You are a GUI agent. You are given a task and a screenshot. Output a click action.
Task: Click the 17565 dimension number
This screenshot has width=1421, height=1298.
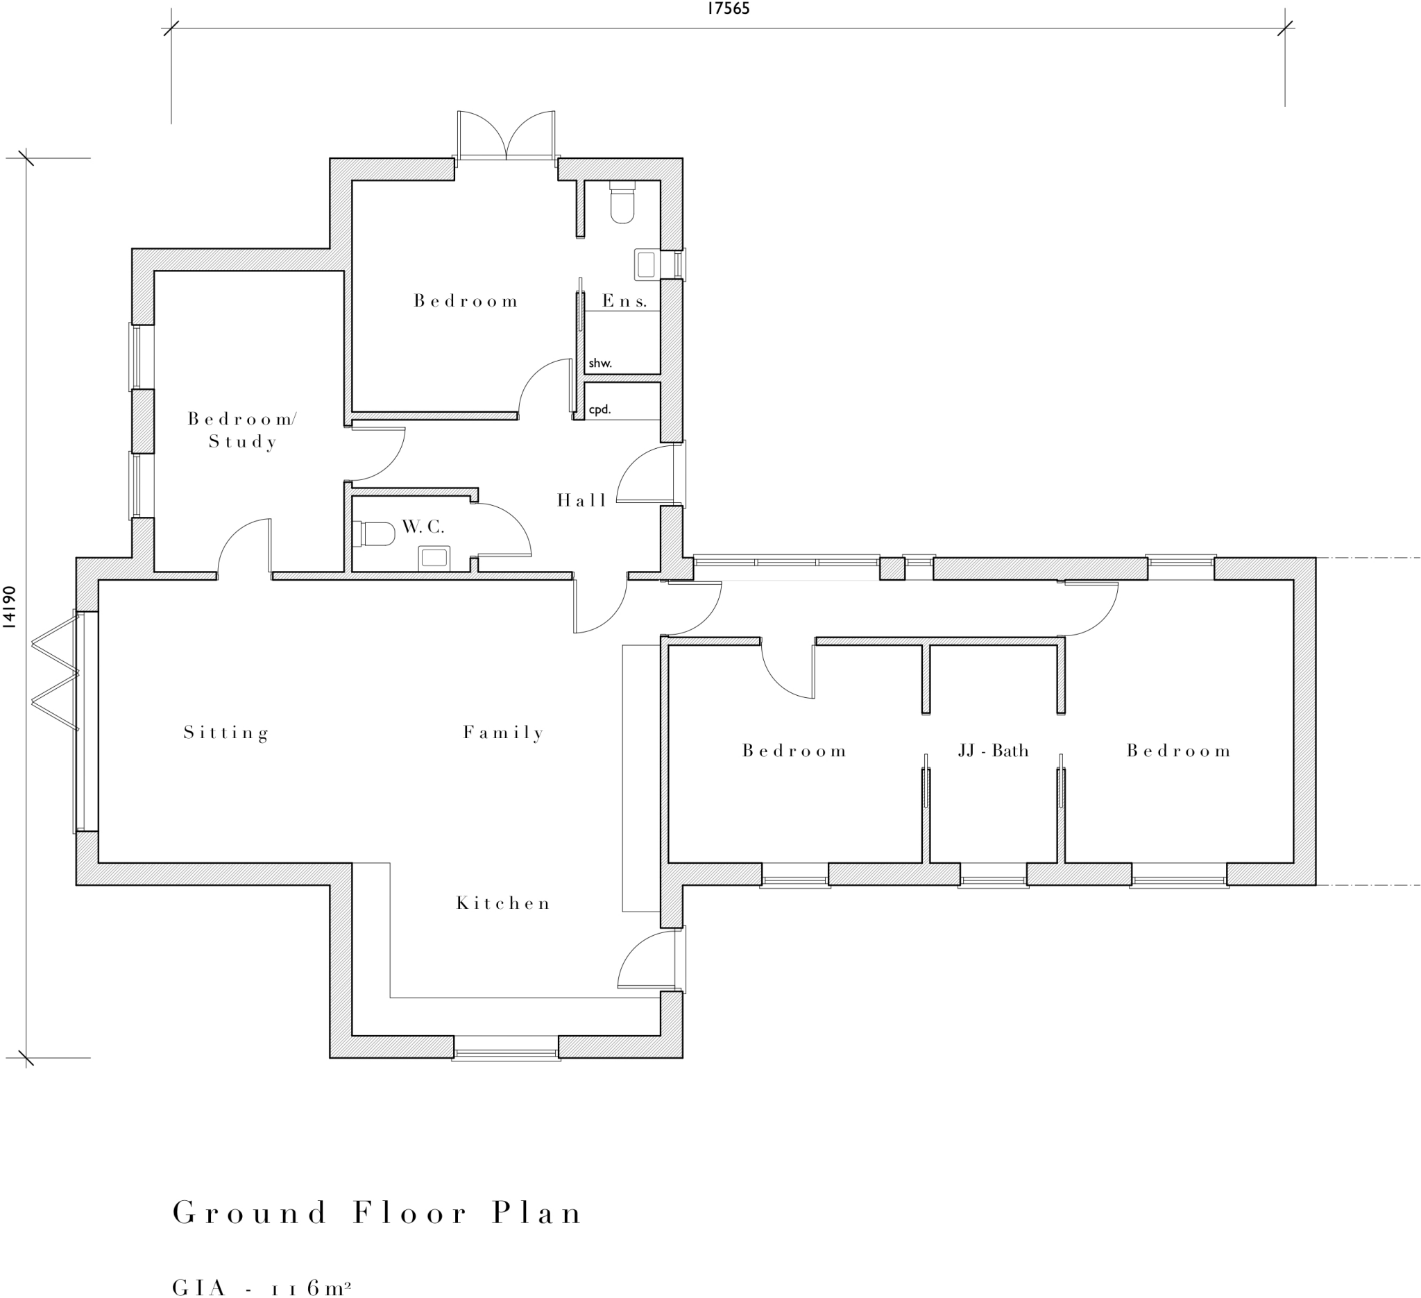[x=728, y=9]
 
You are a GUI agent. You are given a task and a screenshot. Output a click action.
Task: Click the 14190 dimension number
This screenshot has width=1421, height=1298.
[x=9, y=606]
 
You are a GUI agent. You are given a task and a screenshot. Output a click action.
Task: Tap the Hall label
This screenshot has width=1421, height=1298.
[x=581, y=500]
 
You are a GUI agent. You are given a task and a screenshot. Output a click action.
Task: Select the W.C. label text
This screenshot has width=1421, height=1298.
[x=423, y=527]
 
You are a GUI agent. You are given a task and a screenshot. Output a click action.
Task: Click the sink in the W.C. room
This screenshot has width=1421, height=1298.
[x=434, y=557]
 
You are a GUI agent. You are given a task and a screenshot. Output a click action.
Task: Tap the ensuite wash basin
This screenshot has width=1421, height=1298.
[x=646, y=265]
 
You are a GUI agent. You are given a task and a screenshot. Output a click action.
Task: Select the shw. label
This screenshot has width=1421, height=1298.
[x=600, y=364]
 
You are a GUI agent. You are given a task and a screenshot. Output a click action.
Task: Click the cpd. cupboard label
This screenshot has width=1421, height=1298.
[x=600, y=409]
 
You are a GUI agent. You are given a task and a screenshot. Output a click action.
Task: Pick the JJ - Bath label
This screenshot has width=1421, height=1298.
[x=993, y=751]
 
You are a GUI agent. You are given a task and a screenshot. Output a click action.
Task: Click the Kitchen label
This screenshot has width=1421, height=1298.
[x=503, y=903]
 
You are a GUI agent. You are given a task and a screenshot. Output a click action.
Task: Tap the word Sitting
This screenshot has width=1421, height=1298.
[x=226, y=733]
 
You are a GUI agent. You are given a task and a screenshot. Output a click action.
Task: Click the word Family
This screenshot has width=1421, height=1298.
[x=503, y=733]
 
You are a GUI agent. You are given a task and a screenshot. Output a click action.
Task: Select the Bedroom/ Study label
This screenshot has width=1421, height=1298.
[x=242, y=430]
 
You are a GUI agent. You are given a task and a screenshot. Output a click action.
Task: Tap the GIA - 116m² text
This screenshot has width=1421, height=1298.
[x=262, y=1288]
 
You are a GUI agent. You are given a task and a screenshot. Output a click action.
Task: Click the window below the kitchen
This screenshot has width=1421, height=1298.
[x=506, y=1054]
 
